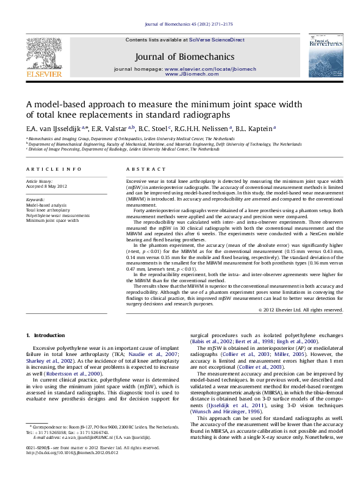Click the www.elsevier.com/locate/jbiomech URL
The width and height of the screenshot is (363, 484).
[202, 71]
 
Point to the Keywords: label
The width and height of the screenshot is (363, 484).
[35, 199]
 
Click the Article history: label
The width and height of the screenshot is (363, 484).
[39, 182]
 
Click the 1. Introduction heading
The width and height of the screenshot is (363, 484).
[43, 336]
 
